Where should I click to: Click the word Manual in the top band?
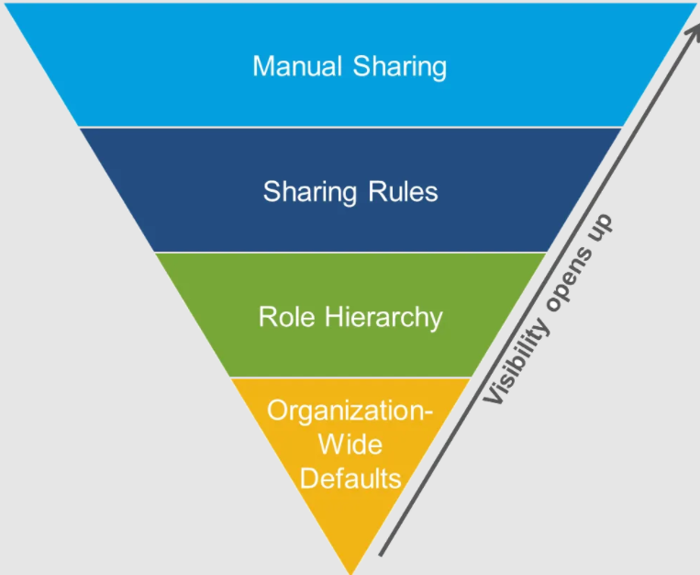(x=288, y=66)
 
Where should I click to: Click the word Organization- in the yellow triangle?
(x=350, y=411)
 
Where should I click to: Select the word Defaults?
(x=351, y=479)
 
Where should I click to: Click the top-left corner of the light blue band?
(x=6, y=5)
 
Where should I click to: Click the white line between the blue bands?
(x=351, y=127)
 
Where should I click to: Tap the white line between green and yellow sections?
(x=351, y=378)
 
